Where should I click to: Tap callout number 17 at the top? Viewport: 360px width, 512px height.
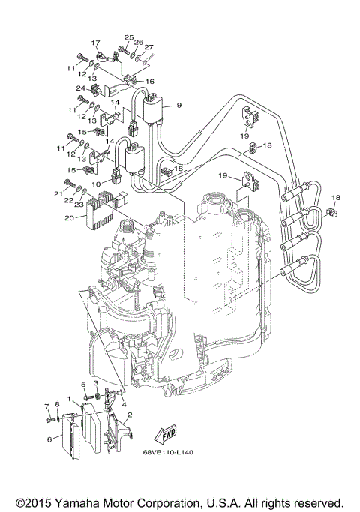coord(96,43)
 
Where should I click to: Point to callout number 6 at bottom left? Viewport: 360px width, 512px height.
coord(49,439)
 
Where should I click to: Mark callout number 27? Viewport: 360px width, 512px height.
coord(148,47)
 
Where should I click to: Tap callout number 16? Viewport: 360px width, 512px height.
coord(149,82)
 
